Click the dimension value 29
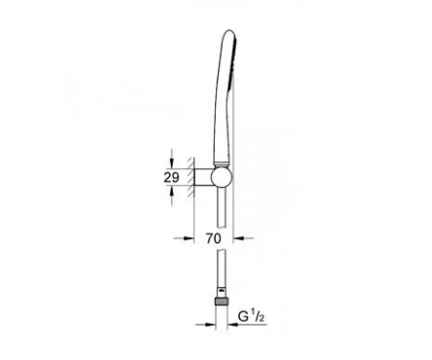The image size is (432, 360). tap(172, 178)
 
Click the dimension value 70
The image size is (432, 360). tap(213, 238)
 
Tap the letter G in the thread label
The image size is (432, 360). tap(243, 317)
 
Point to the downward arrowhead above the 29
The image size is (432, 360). tap(172, 163)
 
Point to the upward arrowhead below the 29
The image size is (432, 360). tap(172, 191)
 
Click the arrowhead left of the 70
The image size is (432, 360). tap(189, 238)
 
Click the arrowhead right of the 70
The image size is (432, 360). tap(238, 238)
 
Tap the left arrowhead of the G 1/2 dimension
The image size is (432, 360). tap(210, 324)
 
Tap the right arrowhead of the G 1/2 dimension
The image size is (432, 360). tap(232, 324)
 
